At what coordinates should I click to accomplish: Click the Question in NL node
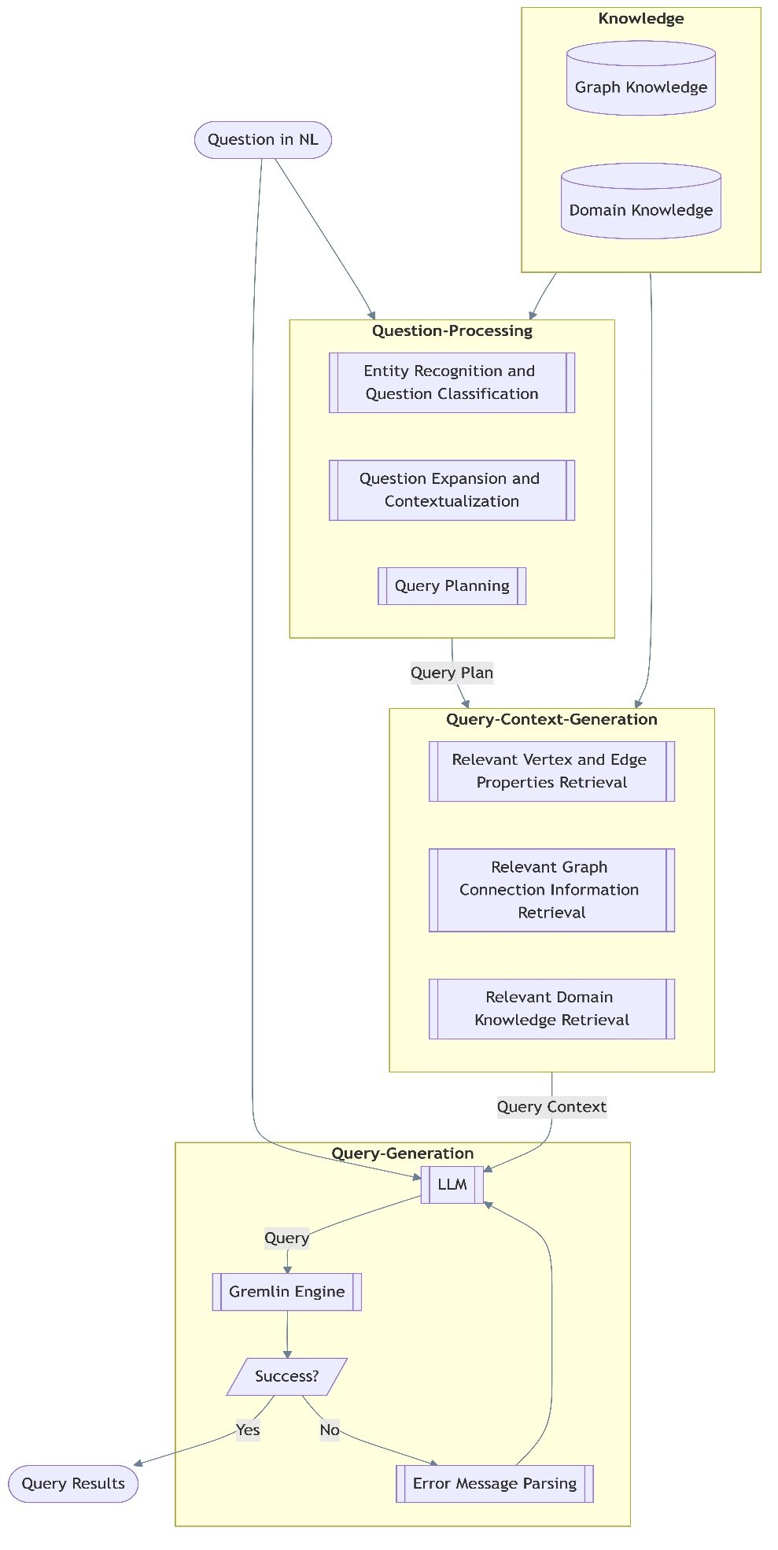263,140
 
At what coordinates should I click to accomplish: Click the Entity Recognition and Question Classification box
452,382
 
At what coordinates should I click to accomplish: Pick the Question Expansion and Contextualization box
452,490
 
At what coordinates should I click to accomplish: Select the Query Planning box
452,586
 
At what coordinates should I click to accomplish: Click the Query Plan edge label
452,673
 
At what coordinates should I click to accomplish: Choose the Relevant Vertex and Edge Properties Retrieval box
551,771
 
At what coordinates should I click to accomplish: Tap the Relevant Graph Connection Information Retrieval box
551,890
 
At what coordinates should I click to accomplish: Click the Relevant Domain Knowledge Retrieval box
551,1009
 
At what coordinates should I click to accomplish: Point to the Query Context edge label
551,1107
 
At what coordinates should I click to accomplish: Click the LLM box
452,1185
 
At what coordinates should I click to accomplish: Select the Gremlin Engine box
286,1292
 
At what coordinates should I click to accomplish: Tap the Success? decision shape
286,1377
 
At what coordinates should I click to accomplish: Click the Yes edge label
248,1430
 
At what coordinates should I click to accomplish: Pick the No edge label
330,1430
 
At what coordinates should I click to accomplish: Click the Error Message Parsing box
494,1484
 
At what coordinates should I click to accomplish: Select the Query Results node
73,1484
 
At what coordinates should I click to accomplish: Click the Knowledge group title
640,19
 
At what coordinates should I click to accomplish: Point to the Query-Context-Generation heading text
551,719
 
